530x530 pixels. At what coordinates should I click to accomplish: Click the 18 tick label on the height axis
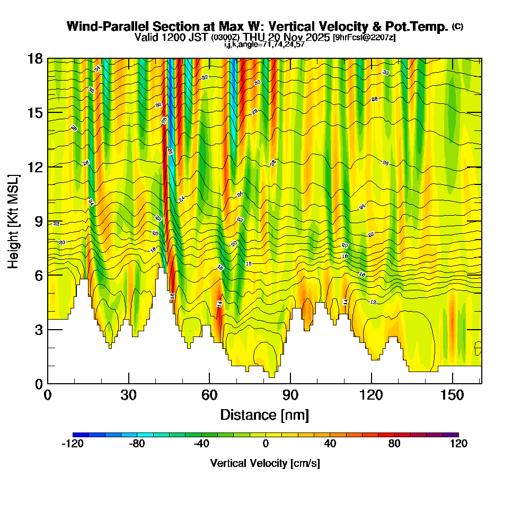(35, 58)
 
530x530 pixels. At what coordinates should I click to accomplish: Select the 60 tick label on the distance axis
(209, 395)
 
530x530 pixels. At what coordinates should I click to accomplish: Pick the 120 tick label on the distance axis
(372, 395)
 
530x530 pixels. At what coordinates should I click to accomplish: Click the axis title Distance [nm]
(264, 414)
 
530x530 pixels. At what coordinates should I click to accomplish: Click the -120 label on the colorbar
(73, 444)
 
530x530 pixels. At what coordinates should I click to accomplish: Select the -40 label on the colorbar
(201, 444)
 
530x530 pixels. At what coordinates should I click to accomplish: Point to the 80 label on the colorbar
(394, 444)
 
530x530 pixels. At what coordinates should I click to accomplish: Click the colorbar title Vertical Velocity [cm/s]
(265, 463)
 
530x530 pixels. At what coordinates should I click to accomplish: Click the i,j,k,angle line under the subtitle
(264, 45)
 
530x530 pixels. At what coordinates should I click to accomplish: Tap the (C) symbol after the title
(457, 26)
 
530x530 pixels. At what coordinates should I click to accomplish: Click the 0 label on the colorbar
(266, 444)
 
